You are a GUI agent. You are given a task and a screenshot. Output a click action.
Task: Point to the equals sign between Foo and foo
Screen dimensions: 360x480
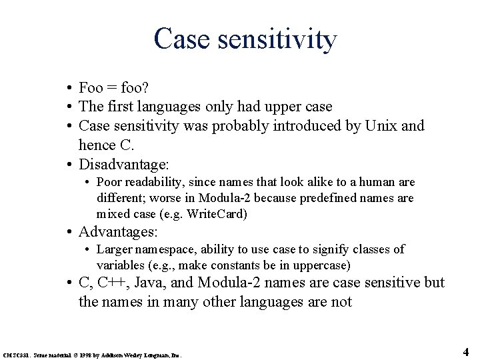point(110,88)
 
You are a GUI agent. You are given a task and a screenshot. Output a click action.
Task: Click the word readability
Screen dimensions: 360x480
point(148,182)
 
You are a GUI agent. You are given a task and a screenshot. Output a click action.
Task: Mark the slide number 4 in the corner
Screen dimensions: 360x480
point(466,351)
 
